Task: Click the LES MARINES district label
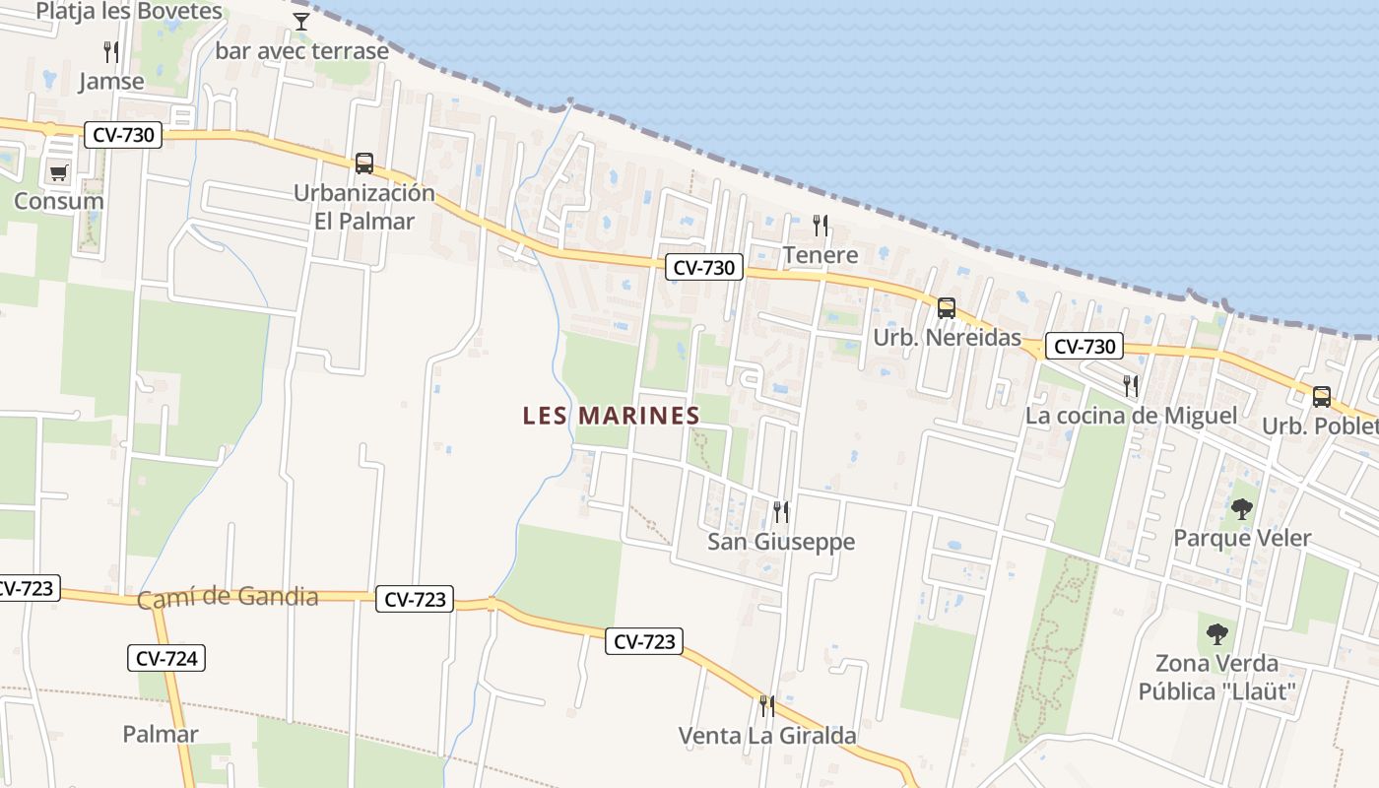(x=611, y=416)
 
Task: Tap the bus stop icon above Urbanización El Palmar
(x=364, y=164)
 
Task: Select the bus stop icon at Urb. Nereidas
(x=947, y=308)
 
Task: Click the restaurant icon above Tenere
(x=821, y=226)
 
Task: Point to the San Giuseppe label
(x=781, y=542)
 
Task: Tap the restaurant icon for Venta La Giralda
(x=766, y=705)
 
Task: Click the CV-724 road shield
(x=166, y=658)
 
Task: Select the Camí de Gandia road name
(x=228, y=598)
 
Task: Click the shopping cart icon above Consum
(x=58, y=173)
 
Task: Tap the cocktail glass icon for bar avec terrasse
(x=301, y=21)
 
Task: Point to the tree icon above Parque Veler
(x=1242, y=509)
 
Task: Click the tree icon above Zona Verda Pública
(x=1217, y=633)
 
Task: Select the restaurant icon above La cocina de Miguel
(x=1131, y=385)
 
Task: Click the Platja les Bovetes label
(x=129, y=12)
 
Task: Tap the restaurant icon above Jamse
(x=111, y=51)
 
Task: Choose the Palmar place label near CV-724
(x=161, y=734)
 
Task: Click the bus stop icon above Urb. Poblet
(x=1322, y=397)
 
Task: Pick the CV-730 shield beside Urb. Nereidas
(x=1083, y=346)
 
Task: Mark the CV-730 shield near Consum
(x=122, y=135)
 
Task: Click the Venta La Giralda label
(x=767, y=736)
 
